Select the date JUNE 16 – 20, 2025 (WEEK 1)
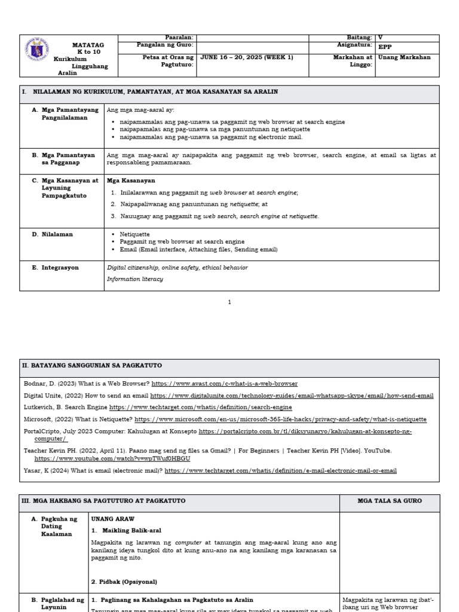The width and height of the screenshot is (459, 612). pos(247,57)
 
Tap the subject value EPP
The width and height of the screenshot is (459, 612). pos(386,45)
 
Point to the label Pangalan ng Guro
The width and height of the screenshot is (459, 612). pos(166,45)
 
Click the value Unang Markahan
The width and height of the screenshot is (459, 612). pos(405,57)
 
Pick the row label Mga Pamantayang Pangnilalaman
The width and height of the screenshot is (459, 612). pos(68,114)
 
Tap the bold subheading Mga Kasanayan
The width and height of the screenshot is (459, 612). pos(131,180)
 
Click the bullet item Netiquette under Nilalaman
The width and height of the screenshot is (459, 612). pos(135,234)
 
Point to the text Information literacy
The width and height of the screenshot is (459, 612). pos(134,279)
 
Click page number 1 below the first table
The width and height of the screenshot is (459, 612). pos(229,302)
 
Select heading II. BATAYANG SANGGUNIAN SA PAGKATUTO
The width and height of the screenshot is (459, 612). pos(92,365)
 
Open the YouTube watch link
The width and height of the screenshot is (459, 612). pos(112,458)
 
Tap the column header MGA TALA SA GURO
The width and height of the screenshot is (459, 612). pos(389,501)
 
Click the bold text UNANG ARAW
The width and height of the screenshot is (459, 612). pos(113,519)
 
